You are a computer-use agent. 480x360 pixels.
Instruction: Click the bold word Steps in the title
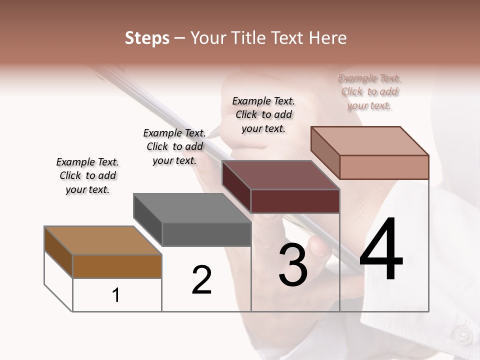[147, 38]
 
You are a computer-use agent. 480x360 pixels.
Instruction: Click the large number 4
[381, 249]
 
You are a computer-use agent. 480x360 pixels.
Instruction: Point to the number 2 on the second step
[202, 280]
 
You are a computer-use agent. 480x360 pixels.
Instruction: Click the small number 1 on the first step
[116, 295]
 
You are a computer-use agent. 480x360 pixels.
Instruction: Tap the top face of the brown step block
[102, 240]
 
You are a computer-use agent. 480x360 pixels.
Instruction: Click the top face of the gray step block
[192, 207]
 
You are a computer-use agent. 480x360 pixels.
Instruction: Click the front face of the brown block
[117, 266]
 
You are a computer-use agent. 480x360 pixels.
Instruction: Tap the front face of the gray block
[206, 234]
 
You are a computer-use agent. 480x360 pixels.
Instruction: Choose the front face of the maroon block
[295, 201]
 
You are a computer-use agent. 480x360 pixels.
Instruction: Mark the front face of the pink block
[384, 167]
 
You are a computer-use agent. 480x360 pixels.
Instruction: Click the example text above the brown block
[87, 176]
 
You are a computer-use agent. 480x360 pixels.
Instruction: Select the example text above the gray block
[174, 147]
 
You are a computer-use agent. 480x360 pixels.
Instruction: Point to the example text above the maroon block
[263, 114]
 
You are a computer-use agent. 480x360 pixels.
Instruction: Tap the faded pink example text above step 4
[369, 91]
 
